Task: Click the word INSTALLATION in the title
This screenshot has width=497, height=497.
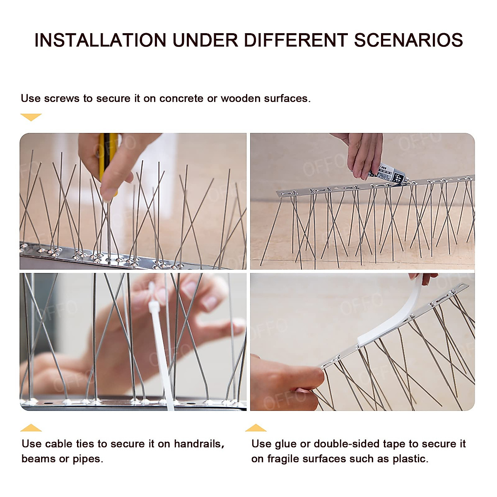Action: [100, 41]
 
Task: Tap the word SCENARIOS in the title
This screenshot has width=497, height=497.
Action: [408, 41]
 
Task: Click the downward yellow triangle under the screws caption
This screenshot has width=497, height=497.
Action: [31, 117]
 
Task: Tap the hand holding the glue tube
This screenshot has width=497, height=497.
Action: [364, 153]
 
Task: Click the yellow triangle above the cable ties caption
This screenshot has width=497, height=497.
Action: [31, 428]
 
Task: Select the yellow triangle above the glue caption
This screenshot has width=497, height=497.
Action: [256, 428]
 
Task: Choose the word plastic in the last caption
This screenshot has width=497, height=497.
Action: [413, 459]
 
